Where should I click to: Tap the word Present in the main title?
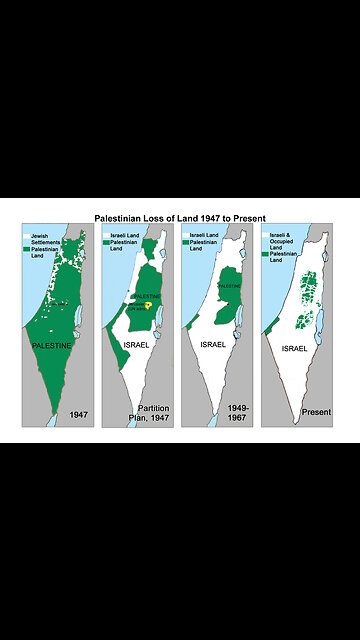(248, 216)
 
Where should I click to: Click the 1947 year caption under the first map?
(80, 413)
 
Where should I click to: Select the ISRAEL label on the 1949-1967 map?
(213, 345)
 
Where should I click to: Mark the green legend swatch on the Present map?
(265, 255)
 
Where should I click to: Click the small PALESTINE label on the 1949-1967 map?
(230, 286)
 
